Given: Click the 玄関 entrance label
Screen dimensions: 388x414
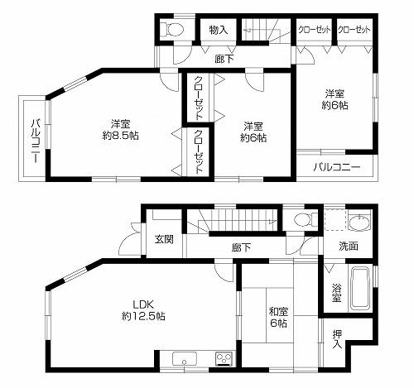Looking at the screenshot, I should point(164,240).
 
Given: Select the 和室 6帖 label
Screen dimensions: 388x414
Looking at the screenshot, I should point(277,318).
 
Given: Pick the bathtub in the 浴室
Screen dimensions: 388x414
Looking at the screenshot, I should point(359,288).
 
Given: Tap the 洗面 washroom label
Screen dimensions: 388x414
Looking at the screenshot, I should point(348,246).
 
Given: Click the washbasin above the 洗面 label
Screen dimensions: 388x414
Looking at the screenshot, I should point(360,223).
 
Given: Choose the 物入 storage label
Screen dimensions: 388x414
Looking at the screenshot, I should point(218,31).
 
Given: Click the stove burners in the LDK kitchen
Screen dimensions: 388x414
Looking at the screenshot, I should point(223,358).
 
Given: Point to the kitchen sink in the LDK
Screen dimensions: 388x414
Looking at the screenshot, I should point(184,360).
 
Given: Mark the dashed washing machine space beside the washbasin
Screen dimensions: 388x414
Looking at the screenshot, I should point(335,221).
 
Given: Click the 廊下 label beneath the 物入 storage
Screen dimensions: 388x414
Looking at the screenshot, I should point(223,58).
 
